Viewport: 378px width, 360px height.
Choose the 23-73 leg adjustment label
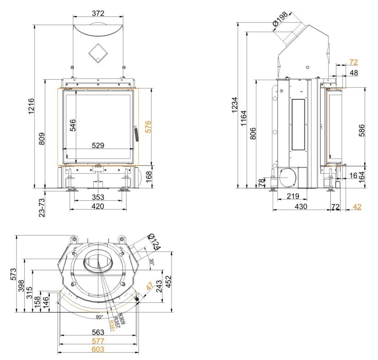pyautogui.click(x=42, y=205)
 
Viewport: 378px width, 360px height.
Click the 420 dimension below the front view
pyautogui.click(x=97, y=206)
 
